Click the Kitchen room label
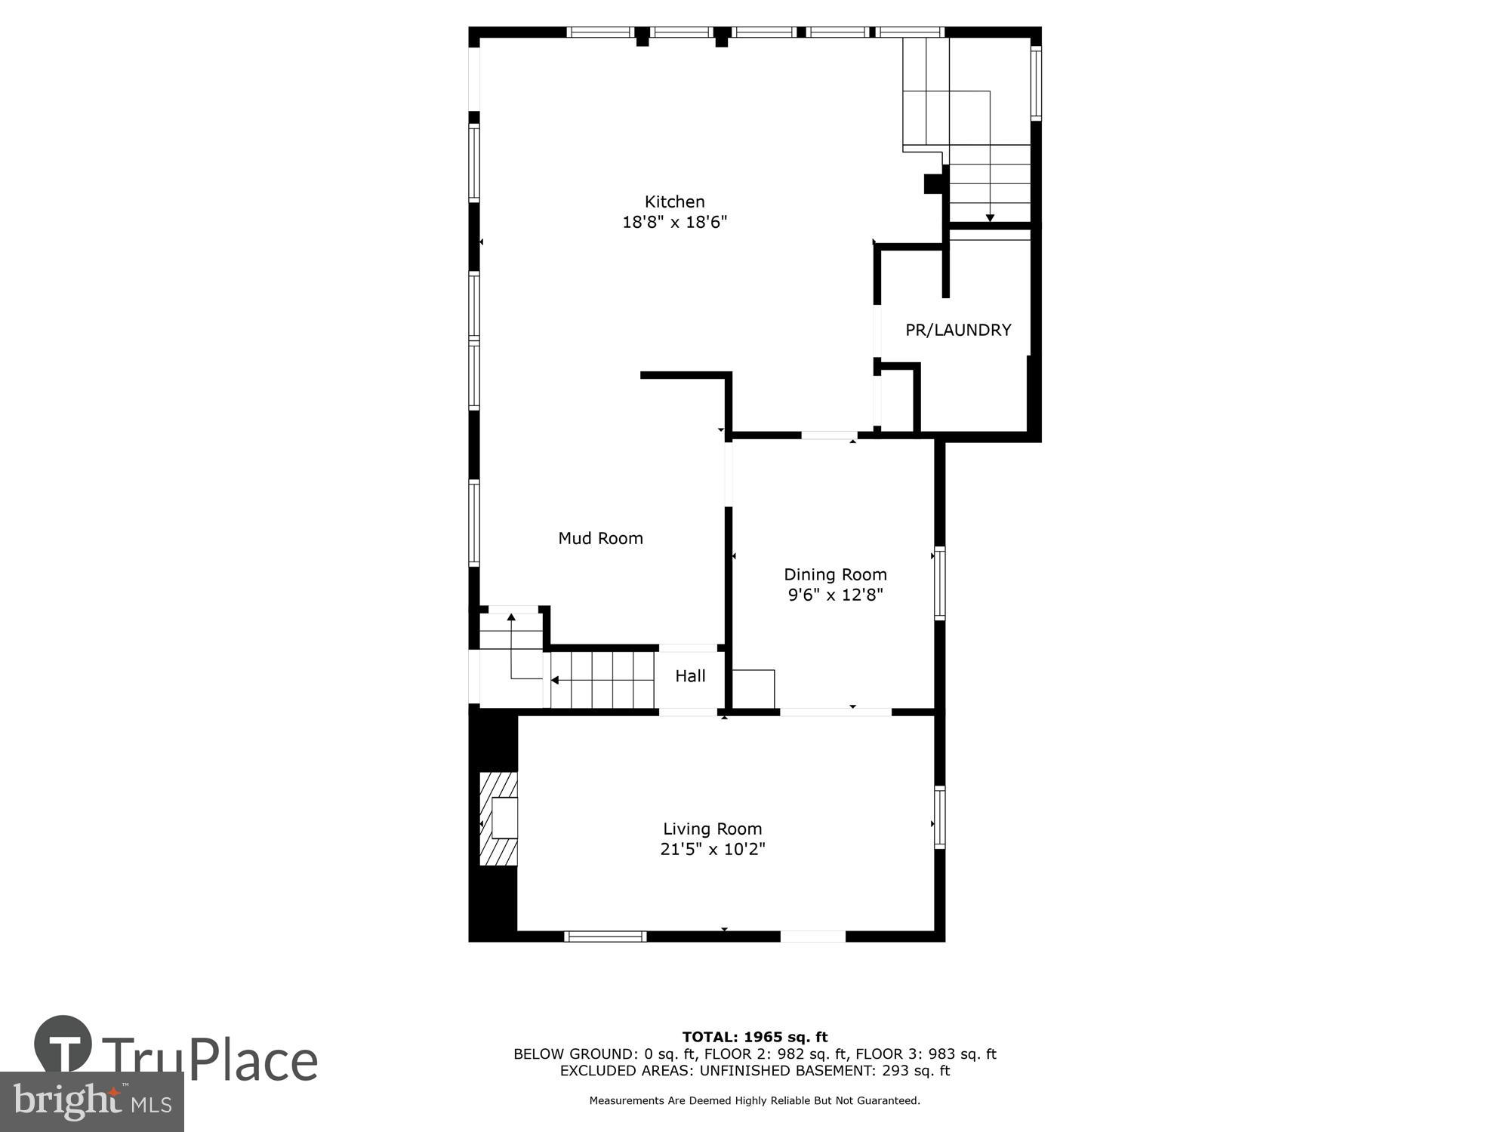[x=674, y=201]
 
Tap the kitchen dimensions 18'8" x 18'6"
[x=674, y=222]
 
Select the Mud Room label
[x=600, y=538]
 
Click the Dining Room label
[x=835, y=574]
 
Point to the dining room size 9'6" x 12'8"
[x=835, y=595]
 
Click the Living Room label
[x=712, y=829]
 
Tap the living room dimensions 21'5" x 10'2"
[x=712, y=849]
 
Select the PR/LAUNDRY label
[x=957, y=330]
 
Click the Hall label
[x=690, y=676]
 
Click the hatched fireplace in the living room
[x=499, y=818]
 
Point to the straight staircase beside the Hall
[x=602, y=680]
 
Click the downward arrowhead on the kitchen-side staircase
[x=990, y=218]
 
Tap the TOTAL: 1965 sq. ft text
[x=754, y=1037]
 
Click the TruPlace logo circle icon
[x=63, y=1044]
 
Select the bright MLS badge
[x=91, y=1102]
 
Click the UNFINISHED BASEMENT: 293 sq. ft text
[x=824, y=1070]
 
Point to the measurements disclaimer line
[x=754, y=1100]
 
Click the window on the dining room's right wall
[x=939, y=583]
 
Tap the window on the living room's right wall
[x=939, y=817]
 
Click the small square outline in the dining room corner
[x=753, y=688]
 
